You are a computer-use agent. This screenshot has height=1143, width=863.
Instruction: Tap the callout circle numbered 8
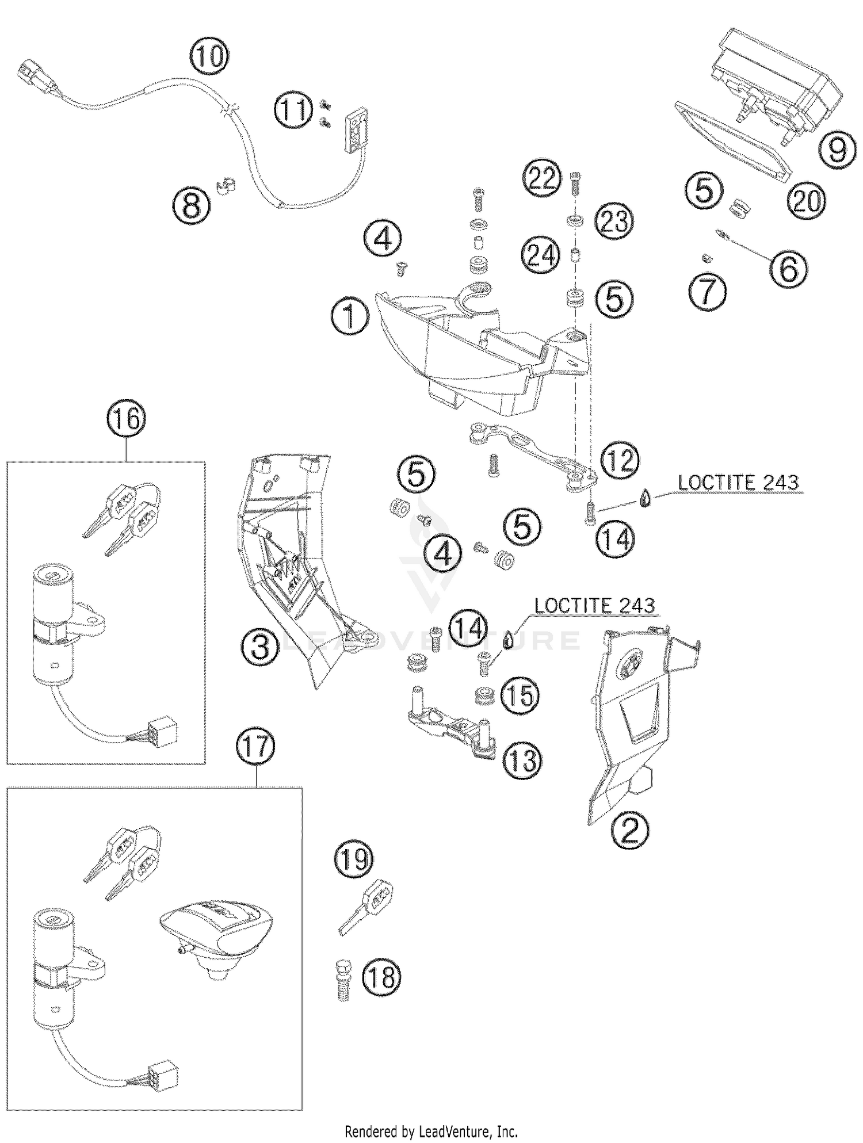point(192,205)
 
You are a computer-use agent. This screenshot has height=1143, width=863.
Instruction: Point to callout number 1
point(350,318)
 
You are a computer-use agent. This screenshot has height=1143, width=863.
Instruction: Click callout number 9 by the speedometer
point(838,149)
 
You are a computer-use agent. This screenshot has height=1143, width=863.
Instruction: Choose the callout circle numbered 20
point(807,201)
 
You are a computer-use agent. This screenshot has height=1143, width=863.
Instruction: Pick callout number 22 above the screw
point(542,178)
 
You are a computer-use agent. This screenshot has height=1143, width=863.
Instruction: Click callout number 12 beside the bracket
point(620,461)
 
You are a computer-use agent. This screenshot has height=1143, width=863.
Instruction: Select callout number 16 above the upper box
point(127,419)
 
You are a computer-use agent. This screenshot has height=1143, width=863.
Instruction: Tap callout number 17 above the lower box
point(256,747)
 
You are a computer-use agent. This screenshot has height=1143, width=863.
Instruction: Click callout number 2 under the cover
point(630,829)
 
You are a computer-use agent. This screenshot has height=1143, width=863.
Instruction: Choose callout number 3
point(261,647)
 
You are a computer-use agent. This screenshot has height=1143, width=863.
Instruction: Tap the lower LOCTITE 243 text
point(594,605)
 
